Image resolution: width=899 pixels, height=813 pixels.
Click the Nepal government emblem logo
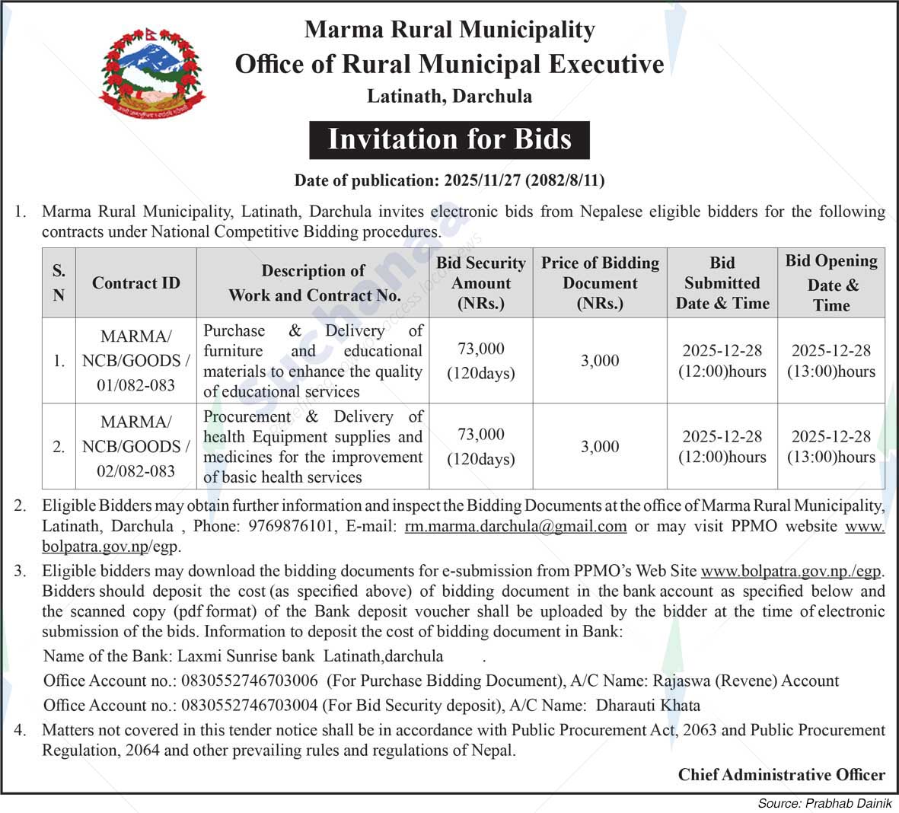pos(152,73)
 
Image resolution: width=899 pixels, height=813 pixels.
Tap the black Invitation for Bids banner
pos(449,139)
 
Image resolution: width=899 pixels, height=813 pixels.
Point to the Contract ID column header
pos(136,283)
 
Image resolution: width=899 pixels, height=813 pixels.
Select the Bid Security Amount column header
pos(481,283)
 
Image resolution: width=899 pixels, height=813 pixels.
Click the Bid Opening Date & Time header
pos(831,283)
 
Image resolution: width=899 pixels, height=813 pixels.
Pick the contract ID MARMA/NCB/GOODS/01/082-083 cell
pos(136,361)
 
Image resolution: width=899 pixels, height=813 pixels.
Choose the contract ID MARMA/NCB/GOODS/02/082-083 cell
pos(136,447)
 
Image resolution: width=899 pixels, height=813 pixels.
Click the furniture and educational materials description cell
pos(313,361)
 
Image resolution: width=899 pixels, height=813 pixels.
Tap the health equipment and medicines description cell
pos(313,447)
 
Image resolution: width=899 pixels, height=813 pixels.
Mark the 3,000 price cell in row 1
pos(600,361)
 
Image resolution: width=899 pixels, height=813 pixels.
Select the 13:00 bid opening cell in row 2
pos(831,447)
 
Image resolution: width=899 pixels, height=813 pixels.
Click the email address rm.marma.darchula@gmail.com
pos(515,526)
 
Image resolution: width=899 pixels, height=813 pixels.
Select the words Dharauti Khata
pos(648,705)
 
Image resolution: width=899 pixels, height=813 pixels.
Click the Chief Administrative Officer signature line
pos(782,775)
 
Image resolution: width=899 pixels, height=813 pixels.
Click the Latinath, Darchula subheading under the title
pos(449,97)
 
